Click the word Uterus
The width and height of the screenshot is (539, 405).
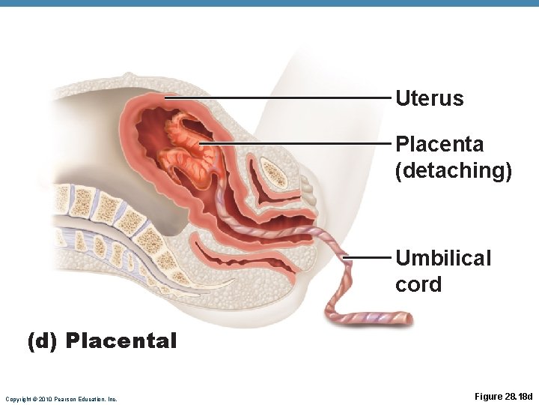429,98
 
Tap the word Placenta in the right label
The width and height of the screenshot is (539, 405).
439,143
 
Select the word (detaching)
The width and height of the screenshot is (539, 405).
454,170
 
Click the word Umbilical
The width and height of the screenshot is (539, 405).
443,258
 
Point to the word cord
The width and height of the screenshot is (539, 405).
418,285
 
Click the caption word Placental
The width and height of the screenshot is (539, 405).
121,341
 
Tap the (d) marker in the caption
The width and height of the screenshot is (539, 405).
43,341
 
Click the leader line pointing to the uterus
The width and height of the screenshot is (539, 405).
277,97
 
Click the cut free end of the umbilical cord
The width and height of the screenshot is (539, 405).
407,319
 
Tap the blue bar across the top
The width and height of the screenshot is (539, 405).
269,4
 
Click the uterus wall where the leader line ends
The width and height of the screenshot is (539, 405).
166,97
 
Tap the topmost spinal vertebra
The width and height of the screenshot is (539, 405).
80,199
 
